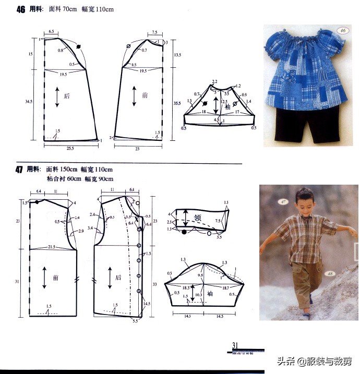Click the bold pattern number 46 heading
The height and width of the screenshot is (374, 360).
pos(21,9)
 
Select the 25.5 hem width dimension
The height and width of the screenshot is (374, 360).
pos(70,149)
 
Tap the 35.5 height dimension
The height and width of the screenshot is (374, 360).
pos(178,104)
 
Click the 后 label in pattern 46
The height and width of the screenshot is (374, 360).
pos(66,96)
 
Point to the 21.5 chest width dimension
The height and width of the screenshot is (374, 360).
pos(52,246)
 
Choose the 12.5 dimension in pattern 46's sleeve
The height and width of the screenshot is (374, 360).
pos(225,102)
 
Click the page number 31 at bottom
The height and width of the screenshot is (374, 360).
pos(235,345)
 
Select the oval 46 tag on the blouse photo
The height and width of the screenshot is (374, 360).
pos(343,30)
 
